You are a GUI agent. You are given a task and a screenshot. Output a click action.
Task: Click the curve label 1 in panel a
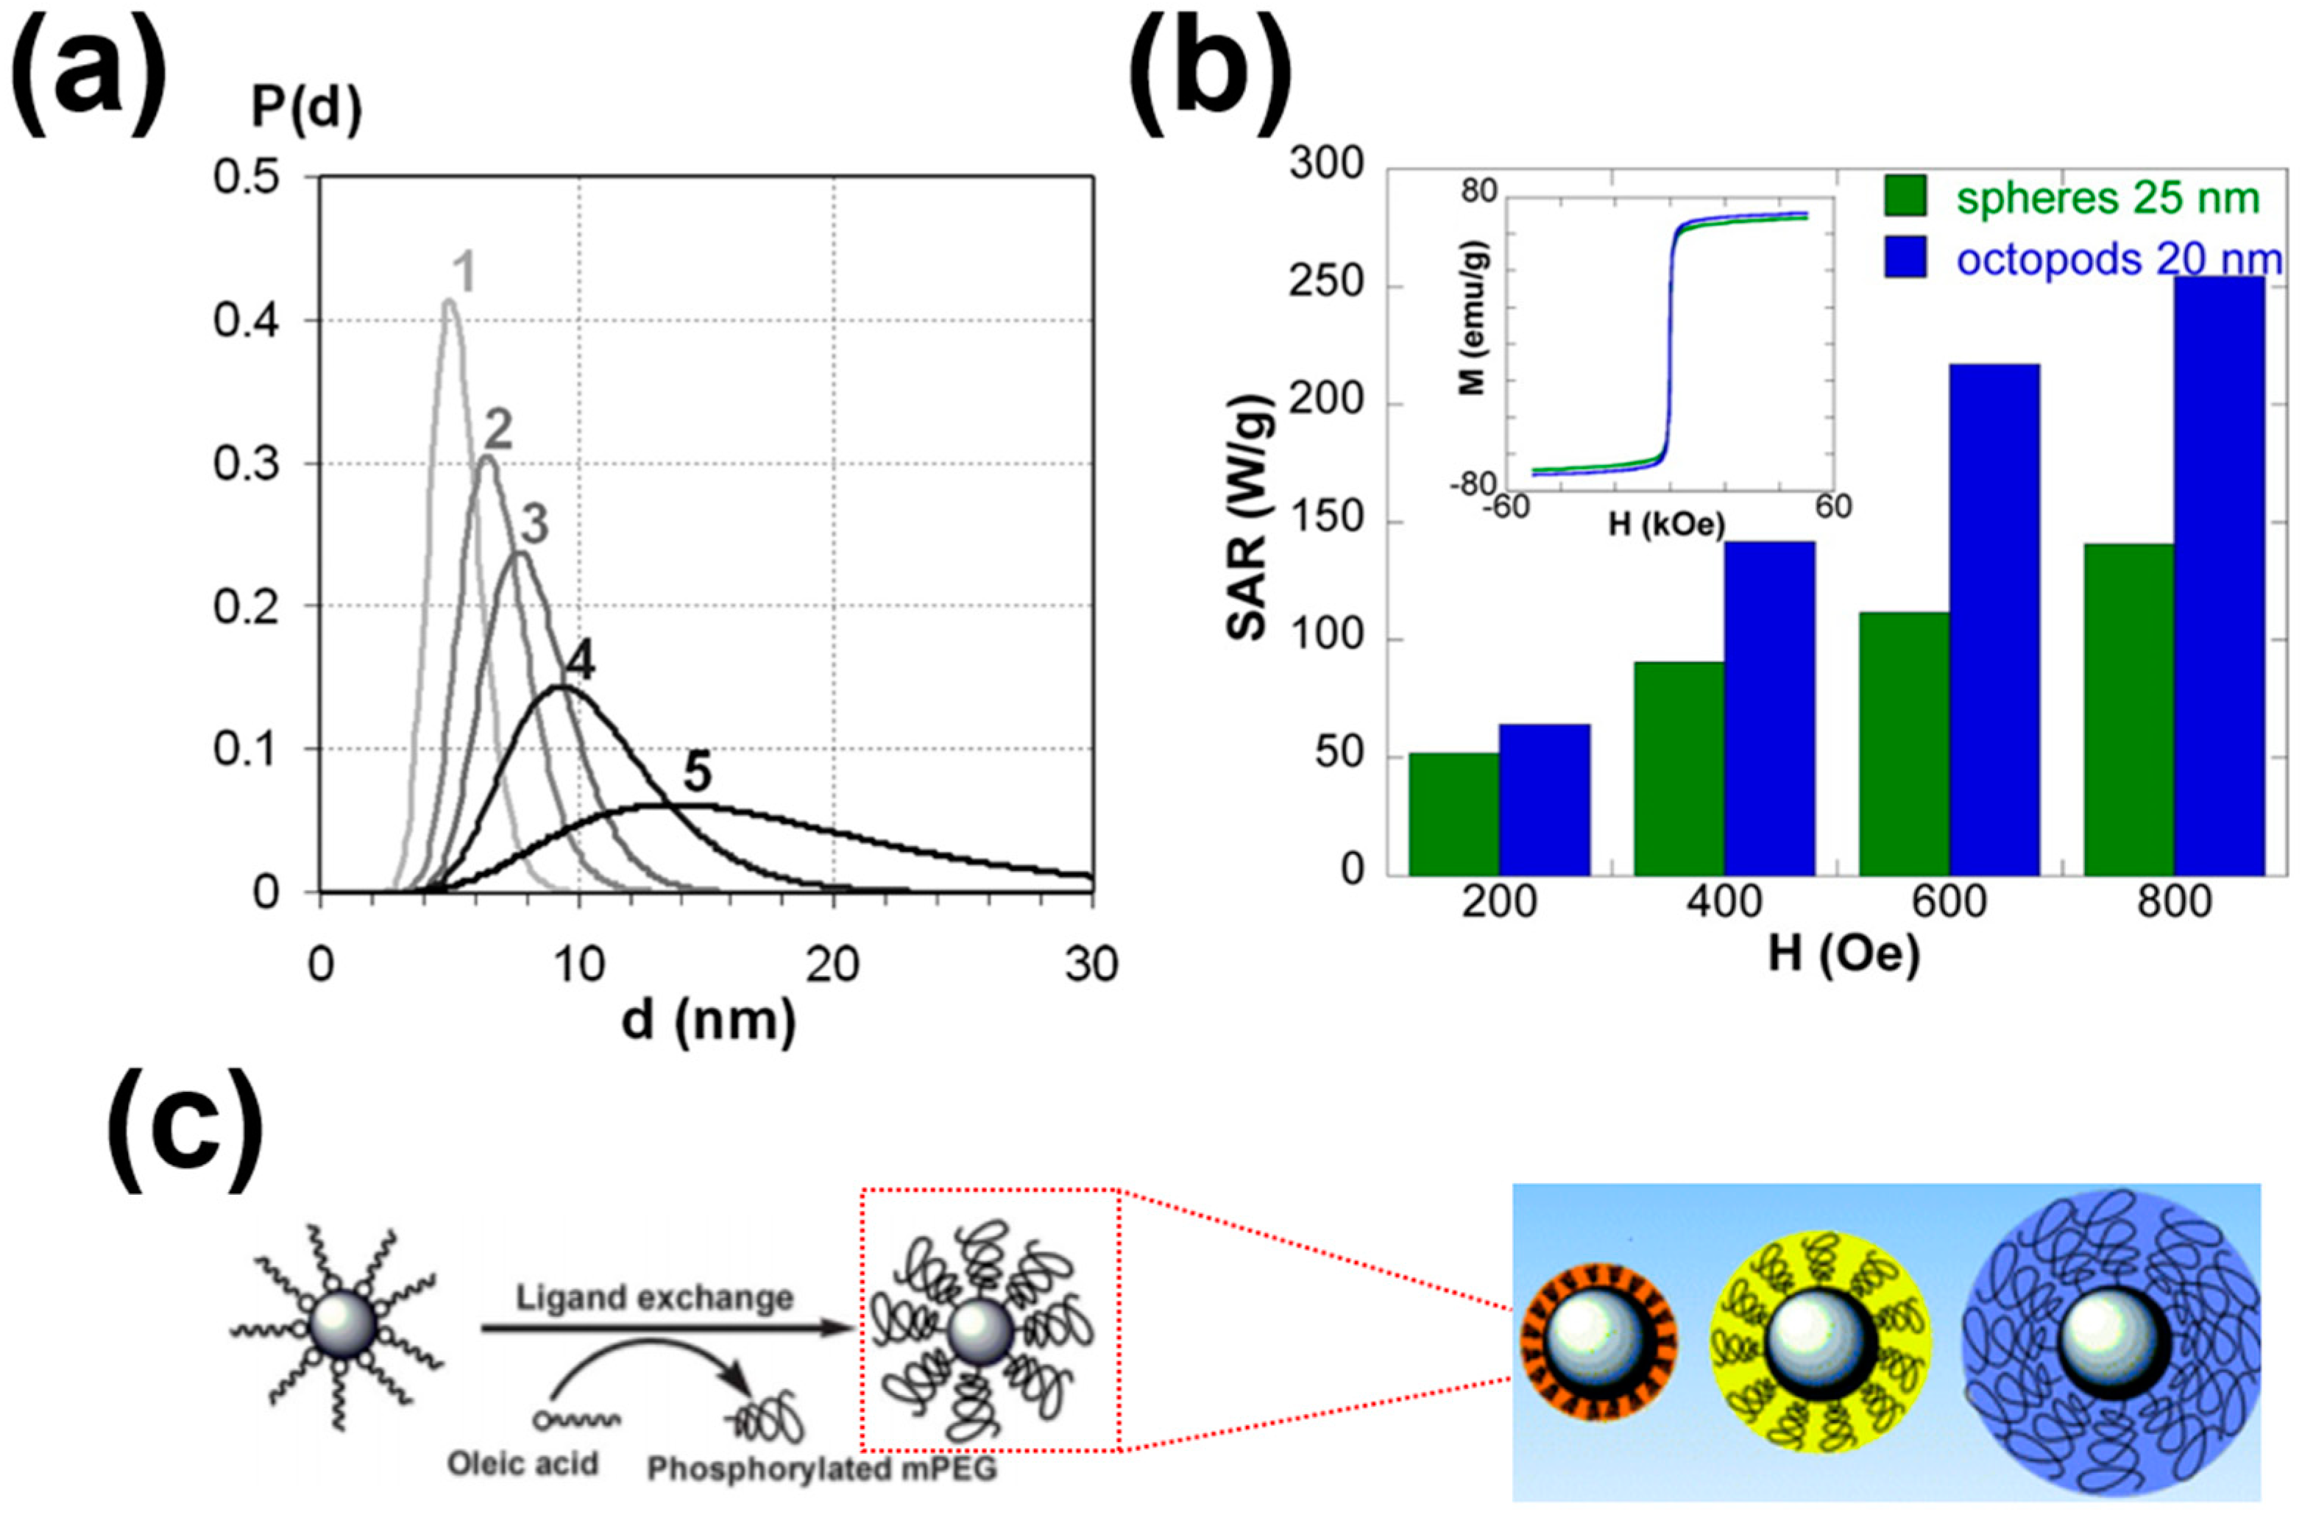coord(464,274)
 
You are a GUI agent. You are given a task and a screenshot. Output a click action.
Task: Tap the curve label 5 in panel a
coord(698,773)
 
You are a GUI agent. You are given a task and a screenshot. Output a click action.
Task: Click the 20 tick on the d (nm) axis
coord(832,965)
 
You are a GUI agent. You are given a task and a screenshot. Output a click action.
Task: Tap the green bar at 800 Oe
coord(2128,709)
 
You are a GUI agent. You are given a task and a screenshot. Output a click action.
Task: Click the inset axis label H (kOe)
coord(1667,525)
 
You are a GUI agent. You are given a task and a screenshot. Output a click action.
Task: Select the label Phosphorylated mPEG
coord(822,1469)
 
